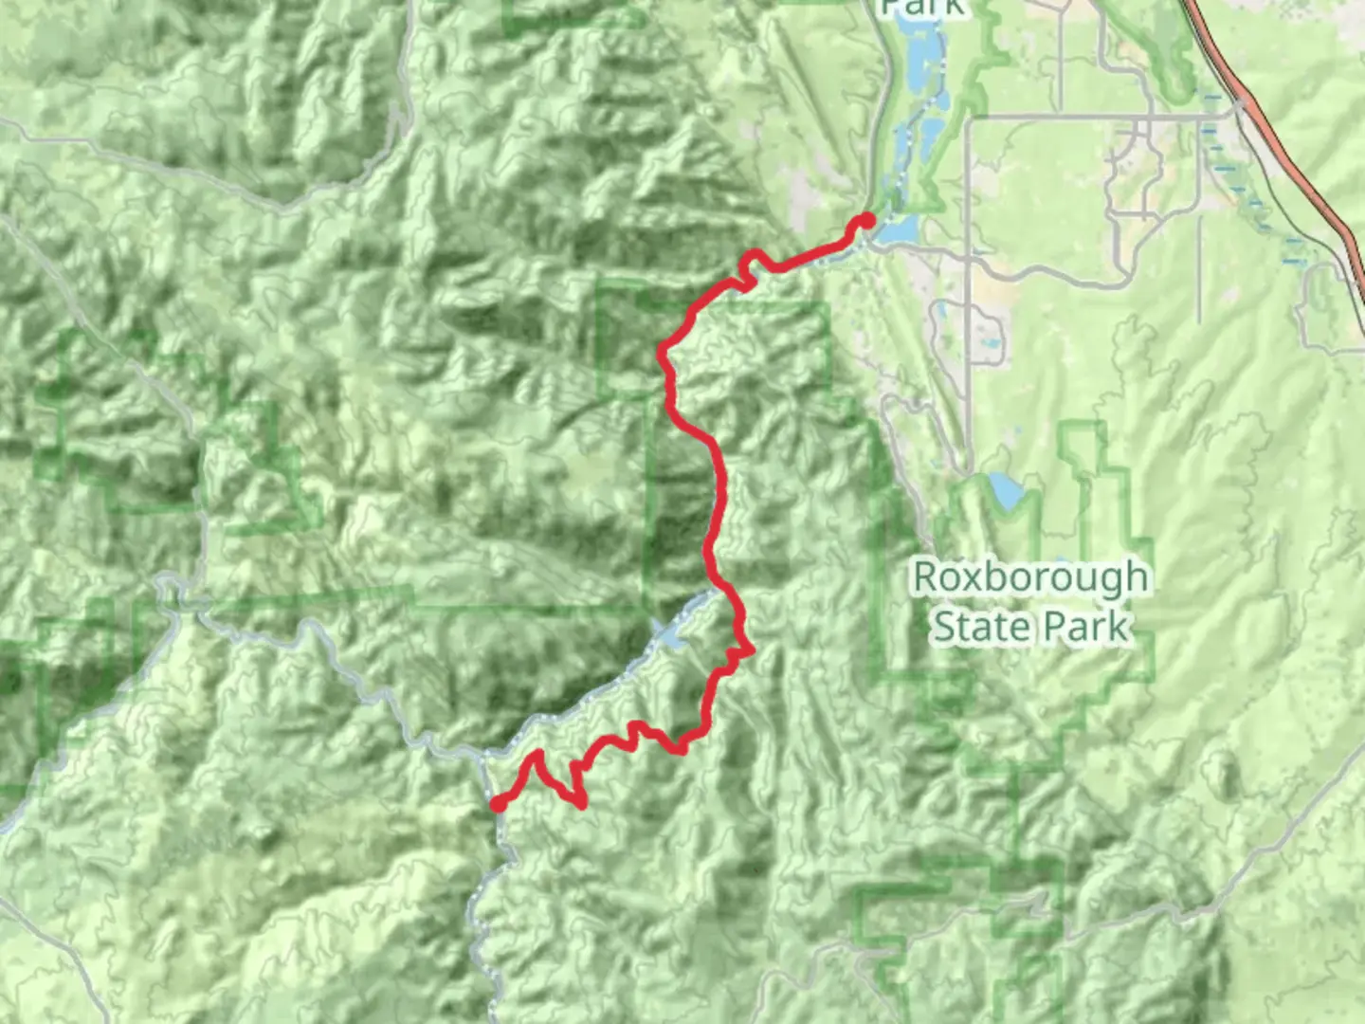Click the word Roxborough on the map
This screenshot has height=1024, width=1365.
tap(1029, 577)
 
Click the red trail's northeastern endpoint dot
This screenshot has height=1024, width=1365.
tap(866, 221)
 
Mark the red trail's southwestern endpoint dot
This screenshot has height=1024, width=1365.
tap(498, 804)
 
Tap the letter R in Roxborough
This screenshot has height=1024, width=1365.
tap(927, 576)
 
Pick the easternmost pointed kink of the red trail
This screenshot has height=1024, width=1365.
tap(751, 650)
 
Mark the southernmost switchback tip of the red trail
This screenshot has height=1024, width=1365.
tap(581, 805)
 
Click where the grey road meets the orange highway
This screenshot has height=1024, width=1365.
tap(1240, 107)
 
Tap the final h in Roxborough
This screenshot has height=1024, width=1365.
tap(1136, 576)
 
